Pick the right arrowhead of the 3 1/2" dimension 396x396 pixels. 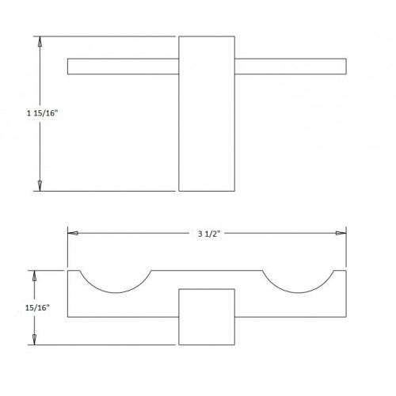(x=341, y=233)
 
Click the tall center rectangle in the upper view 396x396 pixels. (x=207, y=113)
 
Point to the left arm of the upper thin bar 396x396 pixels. (x=123, y=67)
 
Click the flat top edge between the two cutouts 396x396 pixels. (x=207, y=271)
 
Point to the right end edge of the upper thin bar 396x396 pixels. (x=346, y=67)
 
